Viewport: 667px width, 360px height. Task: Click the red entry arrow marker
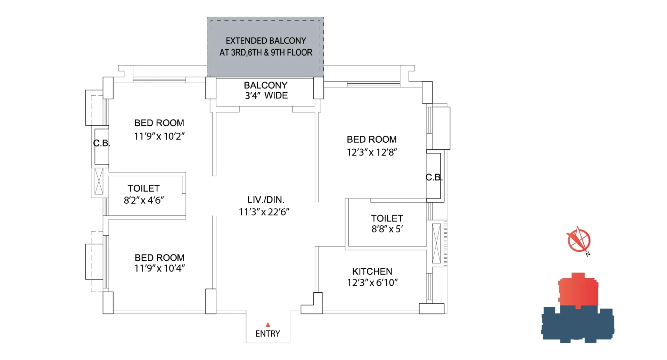tap(268, 325)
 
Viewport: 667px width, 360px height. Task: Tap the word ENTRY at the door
tap(268, 334)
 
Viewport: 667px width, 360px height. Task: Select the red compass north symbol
tap(579, 241)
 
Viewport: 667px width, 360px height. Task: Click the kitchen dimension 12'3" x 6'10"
tap(372, 283)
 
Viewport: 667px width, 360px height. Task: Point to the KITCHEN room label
tap(372, 271)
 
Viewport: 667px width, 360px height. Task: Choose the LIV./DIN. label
tap(266, 200)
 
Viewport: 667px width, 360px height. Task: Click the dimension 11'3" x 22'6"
tap(264, 212)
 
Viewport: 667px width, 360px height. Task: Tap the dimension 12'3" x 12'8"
tap(372, 152)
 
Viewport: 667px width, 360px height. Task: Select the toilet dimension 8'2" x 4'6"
tap(144, 200)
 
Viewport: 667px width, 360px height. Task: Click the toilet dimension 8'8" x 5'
tap(387, 229)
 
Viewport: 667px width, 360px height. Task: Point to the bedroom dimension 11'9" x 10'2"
tap(159, 136)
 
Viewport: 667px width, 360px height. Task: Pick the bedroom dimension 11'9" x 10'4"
tap(160, 268)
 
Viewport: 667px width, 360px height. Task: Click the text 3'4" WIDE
tap(266, 95)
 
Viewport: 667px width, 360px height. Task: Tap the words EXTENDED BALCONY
tap(266, 41)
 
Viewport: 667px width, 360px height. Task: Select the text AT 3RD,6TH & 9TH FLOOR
tap(266, 52)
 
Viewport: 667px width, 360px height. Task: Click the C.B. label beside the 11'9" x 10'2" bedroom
tap(102, 143)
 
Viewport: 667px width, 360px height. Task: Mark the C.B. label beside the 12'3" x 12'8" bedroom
tap(434, 177)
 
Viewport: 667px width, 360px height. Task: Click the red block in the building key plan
tap(578, 290)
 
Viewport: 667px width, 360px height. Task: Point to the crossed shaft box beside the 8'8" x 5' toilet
tap(436, 243)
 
